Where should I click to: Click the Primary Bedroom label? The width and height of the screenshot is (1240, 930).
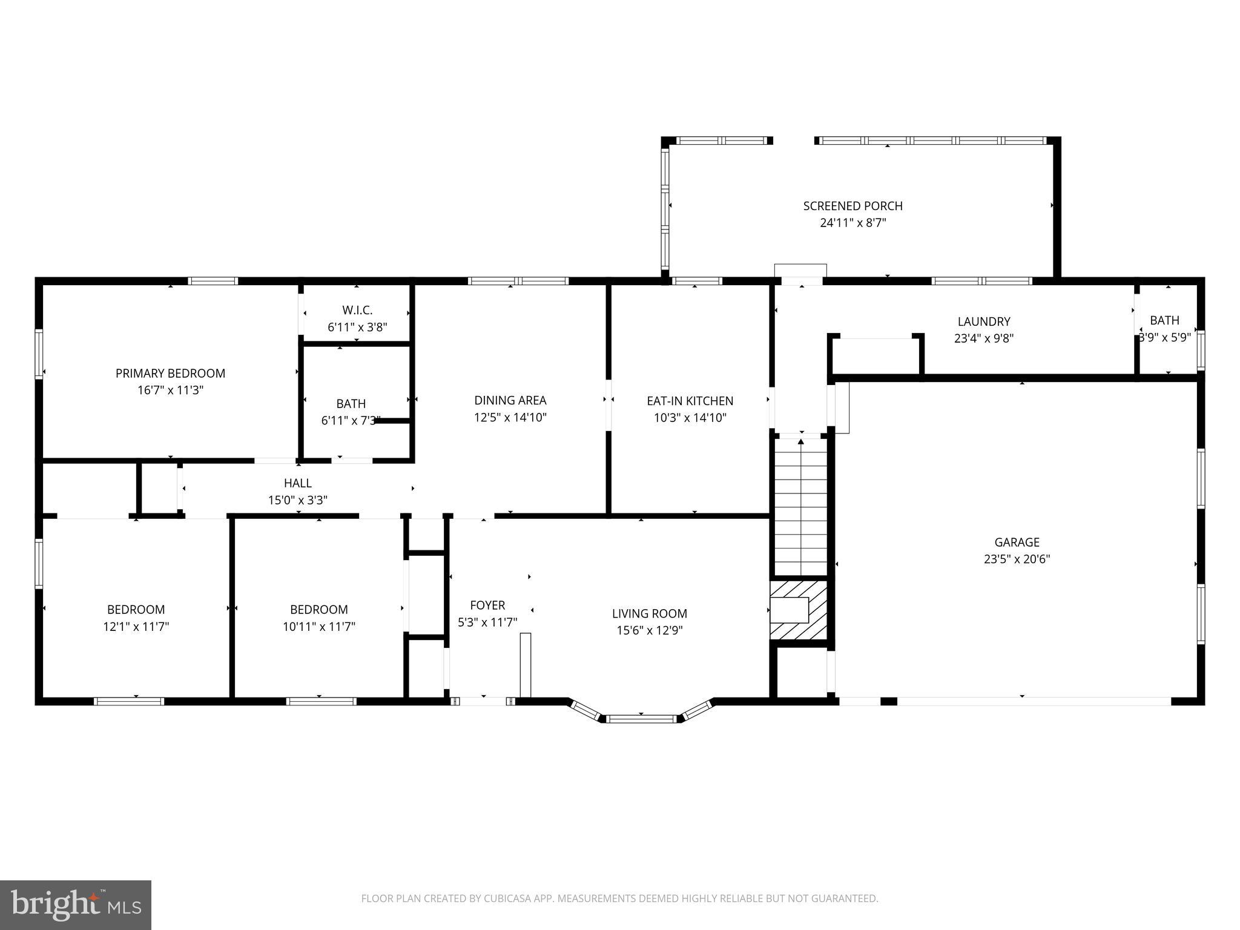point(170,374)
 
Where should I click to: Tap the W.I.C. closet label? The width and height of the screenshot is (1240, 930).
point(357,311)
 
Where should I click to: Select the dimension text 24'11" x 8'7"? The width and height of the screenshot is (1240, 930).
point(852,223)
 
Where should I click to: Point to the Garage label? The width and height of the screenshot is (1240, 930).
point(1017,542)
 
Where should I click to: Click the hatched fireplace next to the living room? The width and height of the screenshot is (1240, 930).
point(799,610)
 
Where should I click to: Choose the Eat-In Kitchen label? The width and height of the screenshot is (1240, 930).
point(690,401)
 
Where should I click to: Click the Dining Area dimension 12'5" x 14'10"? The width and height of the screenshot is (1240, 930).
point(510,417)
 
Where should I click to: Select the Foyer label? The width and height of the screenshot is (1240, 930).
point(487,605)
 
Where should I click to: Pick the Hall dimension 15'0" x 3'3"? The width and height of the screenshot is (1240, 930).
point(298,500)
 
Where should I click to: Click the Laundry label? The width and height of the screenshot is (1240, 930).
point(983,322)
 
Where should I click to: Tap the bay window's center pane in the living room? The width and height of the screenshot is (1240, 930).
point(641,719)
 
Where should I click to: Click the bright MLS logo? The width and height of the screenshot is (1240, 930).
point(76,905)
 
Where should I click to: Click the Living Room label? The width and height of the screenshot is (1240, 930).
point(649,614)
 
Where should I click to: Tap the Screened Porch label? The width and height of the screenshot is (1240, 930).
point(852,206)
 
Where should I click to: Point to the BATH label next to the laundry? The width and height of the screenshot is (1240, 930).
point(1164,320)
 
